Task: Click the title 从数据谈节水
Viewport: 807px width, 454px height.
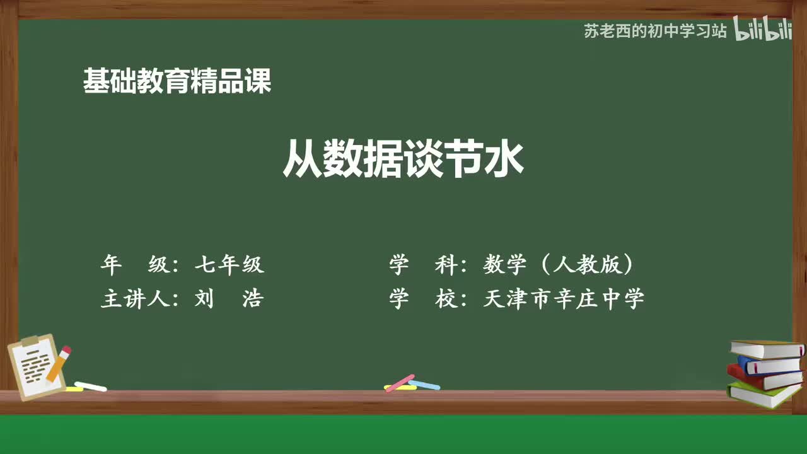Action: (x=403, y=160)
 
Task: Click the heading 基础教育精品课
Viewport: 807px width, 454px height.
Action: (x=177, y=81)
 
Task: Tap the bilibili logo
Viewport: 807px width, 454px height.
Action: (x=762, y=30)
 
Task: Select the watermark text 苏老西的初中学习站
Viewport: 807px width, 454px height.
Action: (x=655, y=31)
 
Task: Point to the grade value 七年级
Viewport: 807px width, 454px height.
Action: (x=229, y=265)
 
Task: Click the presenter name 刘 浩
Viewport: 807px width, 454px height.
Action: (x=229, y=298)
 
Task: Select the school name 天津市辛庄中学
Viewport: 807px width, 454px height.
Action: (x=564, y=298)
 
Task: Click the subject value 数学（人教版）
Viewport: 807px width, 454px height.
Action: (x=559, y=265)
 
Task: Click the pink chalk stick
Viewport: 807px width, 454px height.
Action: (x=400, y=383)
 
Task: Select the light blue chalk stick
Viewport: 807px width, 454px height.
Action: (x=424, y=384)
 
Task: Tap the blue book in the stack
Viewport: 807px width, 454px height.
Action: (x=769, y=364)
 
